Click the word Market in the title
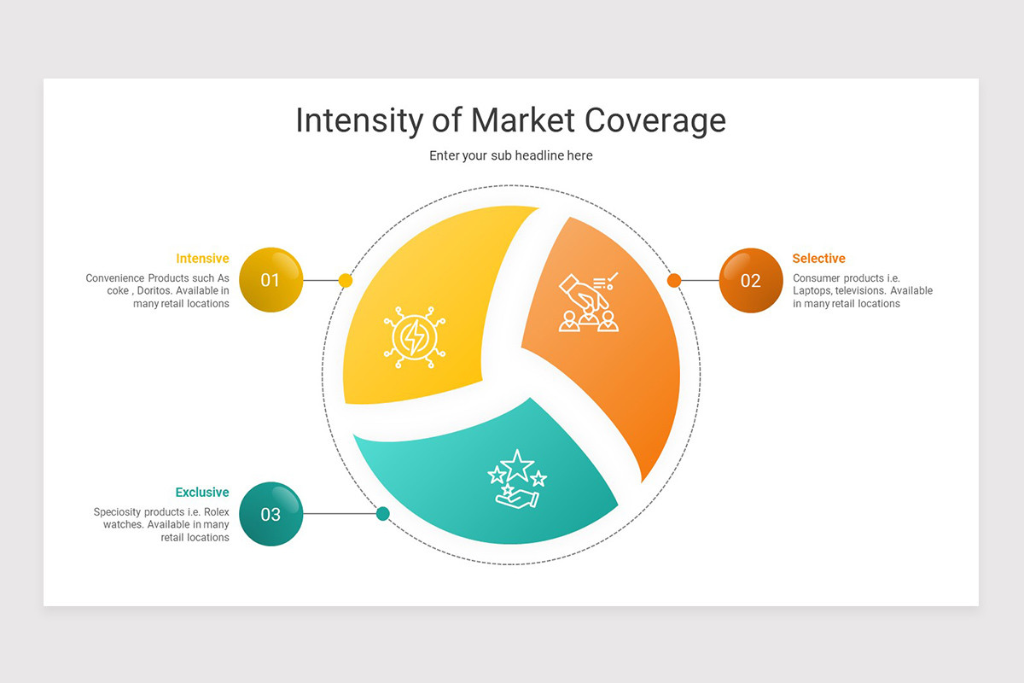tap(522, 120)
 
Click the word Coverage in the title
tap(655, 120)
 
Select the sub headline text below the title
tap(510, 155)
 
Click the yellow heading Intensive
tap(202, 259)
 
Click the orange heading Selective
tap(818, 259)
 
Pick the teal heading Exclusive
tap(202, 493)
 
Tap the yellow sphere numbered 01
tap(271, 280)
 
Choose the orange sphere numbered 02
tap(750, 280)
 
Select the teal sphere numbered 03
tap(271, 514)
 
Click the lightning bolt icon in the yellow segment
tap(415, 337)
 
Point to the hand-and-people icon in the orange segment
tap(588, 302)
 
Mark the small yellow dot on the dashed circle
tap(346, 280)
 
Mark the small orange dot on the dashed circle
tap(674, 280)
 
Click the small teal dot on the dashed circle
tap(383, 513)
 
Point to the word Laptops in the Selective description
tap(812, 291)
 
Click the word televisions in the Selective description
tap(861, 291)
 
